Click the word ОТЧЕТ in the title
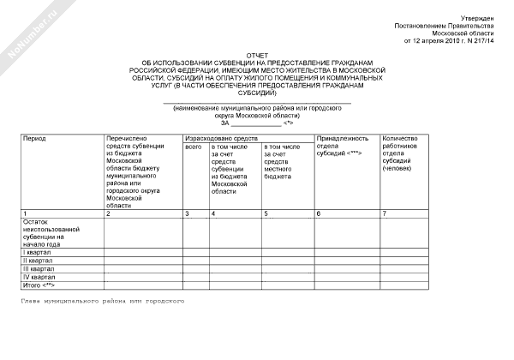coord(256,54)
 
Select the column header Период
coord(35,138)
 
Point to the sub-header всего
coord(192,147)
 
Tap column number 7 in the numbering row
coord(385,213)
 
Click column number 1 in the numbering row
coord(26,213)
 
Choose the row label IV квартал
coord(39,278)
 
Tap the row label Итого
coord(38,285)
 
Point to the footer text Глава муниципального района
coord(104,301)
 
